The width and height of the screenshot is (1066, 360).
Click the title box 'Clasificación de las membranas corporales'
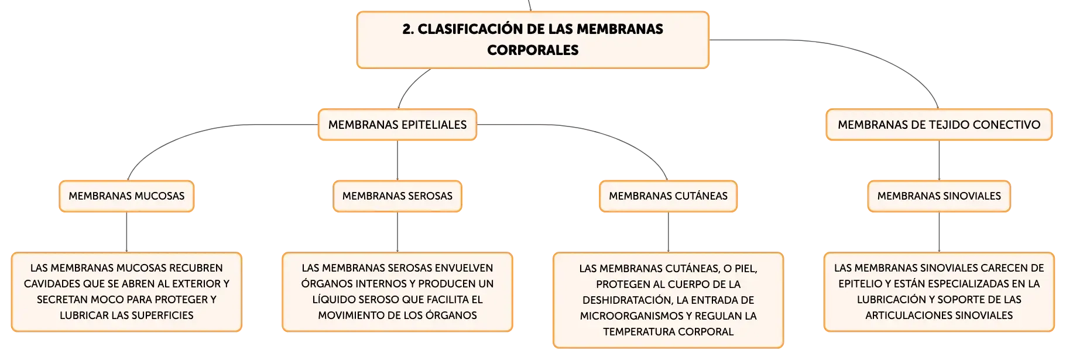(533, 40)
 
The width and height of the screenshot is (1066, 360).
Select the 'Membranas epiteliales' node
(397, 125)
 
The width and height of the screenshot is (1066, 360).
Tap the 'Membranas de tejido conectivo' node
(939, 125)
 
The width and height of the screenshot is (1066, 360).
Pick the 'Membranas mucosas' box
(126, 196)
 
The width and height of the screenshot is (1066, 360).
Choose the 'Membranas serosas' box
(397, 196)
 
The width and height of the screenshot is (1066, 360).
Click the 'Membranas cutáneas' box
(668, 196)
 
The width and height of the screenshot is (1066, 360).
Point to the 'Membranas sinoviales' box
(939, 196)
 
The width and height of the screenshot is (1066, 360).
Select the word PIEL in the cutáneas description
(745, 269)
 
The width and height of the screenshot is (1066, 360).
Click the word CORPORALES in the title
(533, 50)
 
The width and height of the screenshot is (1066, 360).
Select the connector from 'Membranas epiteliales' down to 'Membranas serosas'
(397, 160)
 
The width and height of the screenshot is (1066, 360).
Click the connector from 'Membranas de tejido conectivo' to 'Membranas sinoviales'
(939, 160)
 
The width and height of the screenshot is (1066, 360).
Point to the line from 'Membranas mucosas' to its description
(126, 232)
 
